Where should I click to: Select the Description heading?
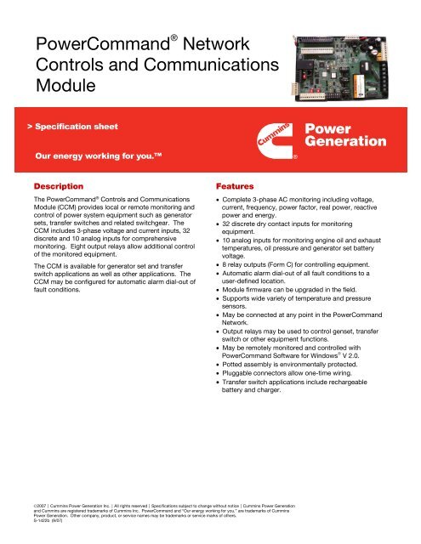pos(59,184)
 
